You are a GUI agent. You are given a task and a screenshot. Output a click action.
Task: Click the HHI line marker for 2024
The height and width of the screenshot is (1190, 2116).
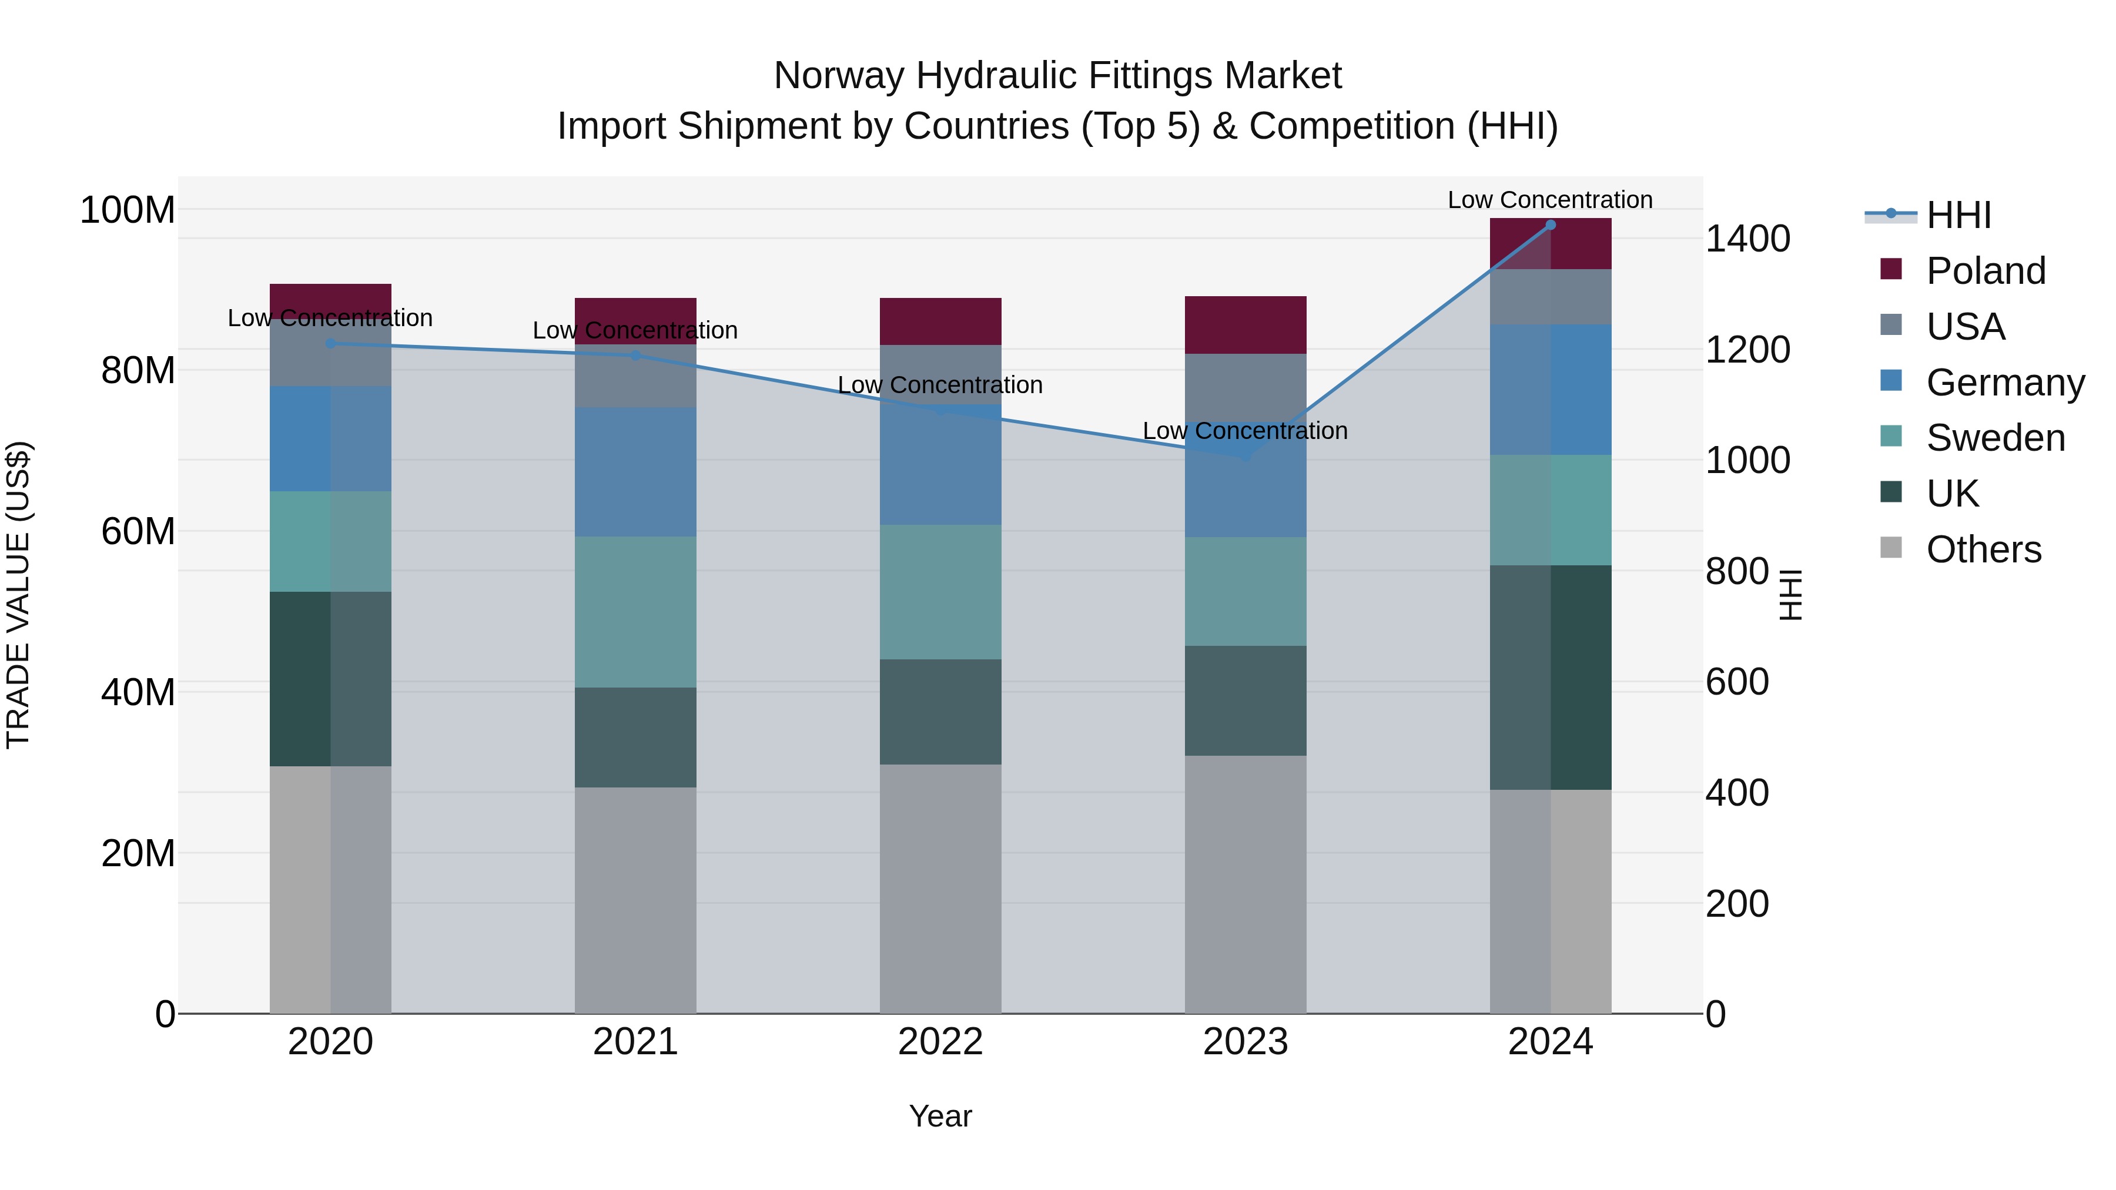pyautogui.click(x=1550, y=224)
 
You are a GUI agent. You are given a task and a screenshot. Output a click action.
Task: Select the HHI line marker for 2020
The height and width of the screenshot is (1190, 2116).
pyautogui.click(x=330, y=343)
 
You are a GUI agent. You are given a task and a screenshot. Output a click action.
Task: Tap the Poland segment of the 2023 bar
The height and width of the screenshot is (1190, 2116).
pyautogui.click(x=1246, y=324)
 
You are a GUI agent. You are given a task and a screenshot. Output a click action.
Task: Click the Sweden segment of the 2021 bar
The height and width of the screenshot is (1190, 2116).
pyautogui.click(x=635, y=612)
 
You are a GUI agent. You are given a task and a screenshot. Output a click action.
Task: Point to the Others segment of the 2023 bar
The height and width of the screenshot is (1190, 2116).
pyautogui.click(x=1246, y=884)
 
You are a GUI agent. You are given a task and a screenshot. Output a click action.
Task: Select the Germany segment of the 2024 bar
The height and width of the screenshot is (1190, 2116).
pyautogui.click(x=1550, y=389)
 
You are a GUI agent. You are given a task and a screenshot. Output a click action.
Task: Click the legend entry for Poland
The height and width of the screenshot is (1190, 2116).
pyautogui.click(x=1984, y=271)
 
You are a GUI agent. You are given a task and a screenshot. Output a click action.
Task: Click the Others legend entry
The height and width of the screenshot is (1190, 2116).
pyautogui.click(x=1983, y=549)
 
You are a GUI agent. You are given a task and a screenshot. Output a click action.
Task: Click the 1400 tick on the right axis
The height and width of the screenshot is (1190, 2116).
pyautogui.click(x=1748, y=239)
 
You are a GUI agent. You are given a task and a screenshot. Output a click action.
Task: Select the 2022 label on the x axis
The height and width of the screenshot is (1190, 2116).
pyautogui.click(x=940, y=1042)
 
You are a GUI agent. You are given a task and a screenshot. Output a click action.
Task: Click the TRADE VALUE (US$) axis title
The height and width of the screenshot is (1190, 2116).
pyautogui.click(x=18, y=595)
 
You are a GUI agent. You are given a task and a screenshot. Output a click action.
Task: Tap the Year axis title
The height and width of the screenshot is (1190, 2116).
pyautogui.click(x=940, y=1116)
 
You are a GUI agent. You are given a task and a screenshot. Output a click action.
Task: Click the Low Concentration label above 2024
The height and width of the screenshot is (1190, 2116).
pyautogui.click(x=1549, y=200)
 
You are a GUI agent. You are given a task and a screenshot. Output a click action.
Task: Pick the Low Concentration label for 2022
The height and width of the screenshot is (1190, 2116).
pyautogui.click(x=940, y=384)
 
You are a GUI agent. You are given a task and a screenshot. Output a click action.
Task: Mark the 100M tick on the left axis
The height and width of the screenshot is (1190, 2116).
pyautogui.click(x=128, y=210)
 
